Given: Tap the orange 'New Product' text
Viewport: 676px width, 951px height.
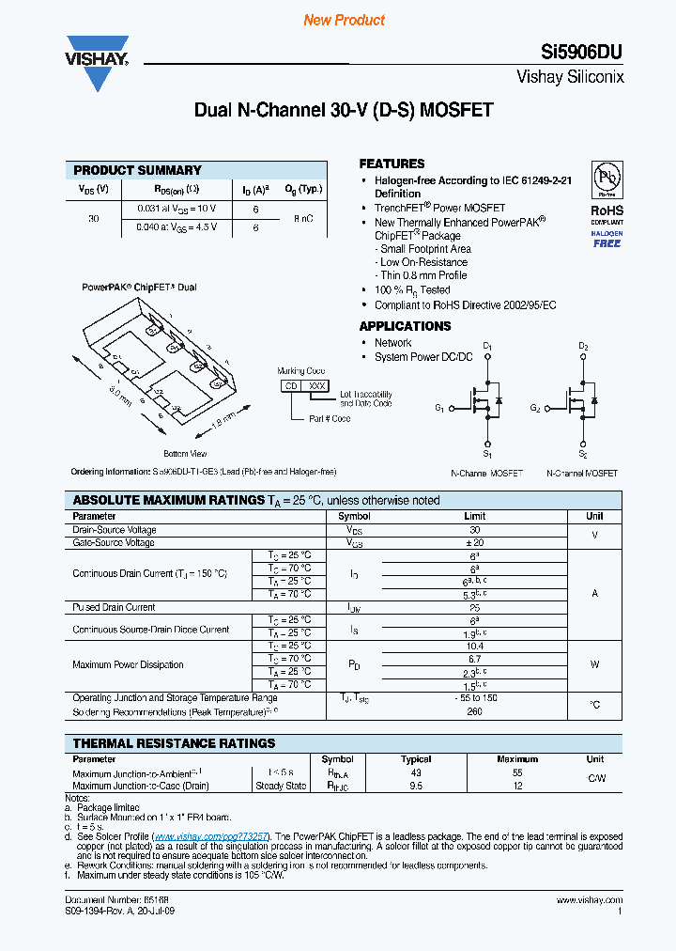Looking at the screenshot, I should pyautogui.click(x=344, y=20).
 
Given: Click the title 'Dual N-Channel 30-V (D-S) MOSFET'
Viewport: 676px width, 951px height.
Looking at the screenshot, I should pyautogui.click(x=343, y=110).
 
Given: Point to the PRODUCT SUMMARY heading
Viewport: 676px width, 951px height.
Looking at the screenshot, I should pyautogui.click(x=137, y=170).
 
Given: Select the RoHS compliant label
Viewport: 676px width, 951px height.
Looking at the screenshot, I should pyautogui.click(x=607, y=211).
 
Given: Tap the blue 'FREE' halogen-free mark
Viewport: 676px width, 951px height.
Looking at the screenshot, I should pyautogui.click(x=607, y=243).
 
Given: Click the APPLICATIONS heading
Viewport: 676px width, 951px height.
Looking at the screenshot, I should pyautogui.click(x=405, y=326).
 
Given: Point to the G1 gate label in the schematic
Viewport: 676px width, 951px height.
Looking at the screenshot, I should pyautogui.click(x=439, y=408).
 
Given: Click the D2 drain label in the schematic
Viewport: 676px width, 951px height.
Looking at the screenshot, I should pyautogui.click(x=583, y=347).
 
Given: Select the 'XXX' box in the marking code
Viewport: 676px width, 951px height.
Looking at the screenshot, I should pyautogui.click(x=317, y=385).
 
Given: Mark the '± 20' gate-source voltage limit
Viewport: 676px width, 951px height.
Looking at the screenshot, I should pyautogui.click(x=474, y=543).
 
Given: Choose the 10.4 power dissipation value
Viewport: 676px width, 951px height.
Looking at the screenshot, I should pyautogui.click(x=474, y=646).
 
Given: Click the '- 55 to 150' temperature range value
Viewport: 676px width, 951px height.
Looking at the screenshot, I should pyautogui.click(x=474, y=697).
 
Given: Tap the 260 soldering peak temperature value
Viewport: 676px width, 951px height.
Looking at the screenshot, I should pyautogui.click(x=474, y=711).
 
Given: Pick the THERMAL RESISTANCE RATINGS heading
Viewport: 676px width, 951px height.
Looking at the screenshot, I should pyautogui.click(x=174, y=743).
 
